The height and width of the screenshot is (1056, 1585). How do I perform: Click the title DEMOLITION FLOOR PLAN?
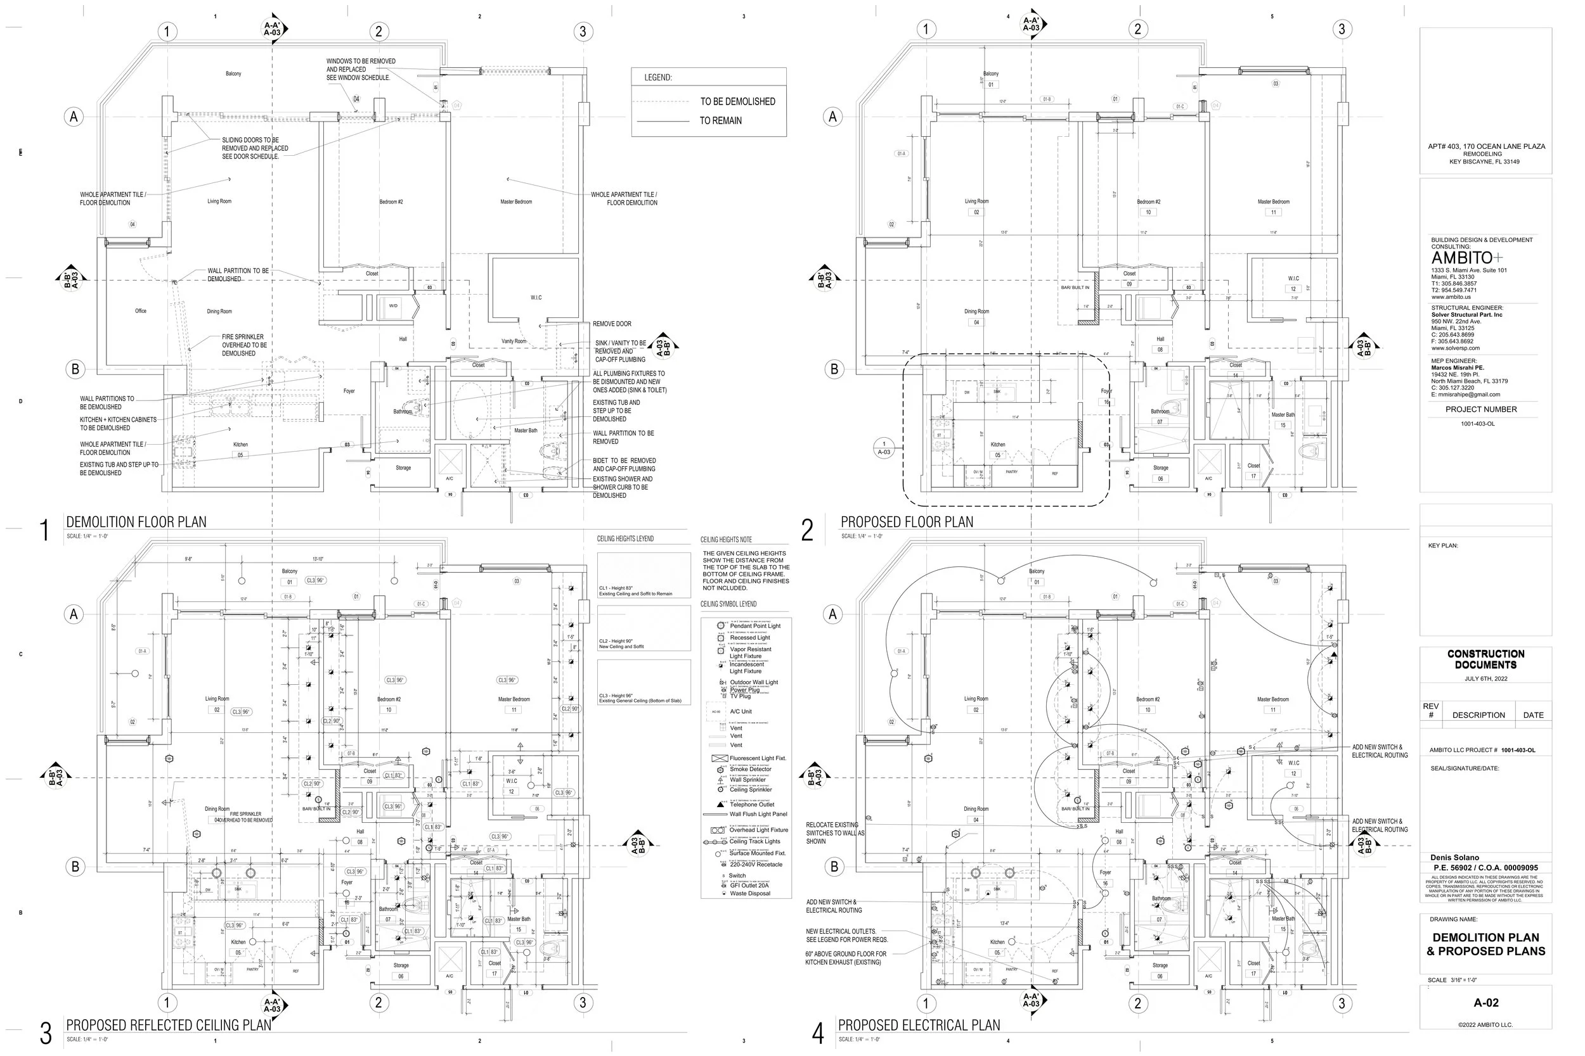click(136, 522)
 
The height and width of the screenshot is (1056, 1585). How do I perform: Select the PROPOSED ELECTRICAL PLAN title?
click(919, 1026)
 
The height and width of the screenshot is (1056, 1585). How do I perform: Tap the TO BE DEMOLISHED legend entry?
click(737, 102)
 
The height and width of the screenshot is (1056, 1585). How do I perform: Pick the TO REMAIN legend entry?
click(720, 121)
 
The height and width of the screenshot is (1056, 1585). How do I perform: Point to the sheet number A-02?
click(1485, 1003)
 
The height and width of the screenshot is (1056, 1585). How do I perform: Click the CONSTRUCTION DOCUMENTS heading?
click(1485, 659)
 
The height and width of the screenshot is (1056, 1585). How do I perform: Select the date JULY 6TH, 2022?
click(1485, 679)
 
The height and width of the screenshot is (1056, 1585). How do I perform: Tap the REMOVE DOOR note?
click(612, 324)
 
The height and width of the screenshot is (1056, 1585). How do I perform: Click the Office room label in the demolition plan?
click(140, 311)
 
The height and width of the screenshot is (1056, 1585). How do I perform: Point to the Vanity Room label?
click(514, 341)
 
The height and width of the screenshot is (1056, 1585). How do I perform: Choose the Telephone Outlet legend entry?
click(752, 805)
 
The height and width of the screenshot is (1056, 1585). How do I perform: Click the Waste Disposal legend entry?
click(750, 894)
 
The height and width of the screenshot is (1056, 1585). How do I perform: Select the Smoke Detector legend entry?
click(750, 769)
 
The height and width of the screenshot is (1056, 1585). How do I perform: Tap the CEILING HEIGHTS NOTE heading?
click(726, 540)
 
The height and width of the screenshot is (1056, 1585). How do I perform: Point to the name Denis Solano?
click(1455, 858)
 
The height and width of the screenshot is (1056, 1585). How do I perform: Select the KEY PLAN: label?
click(1443, 545)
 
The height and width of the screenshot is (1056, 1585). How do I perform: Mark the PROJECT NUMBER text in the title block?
click(1480, 409)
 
